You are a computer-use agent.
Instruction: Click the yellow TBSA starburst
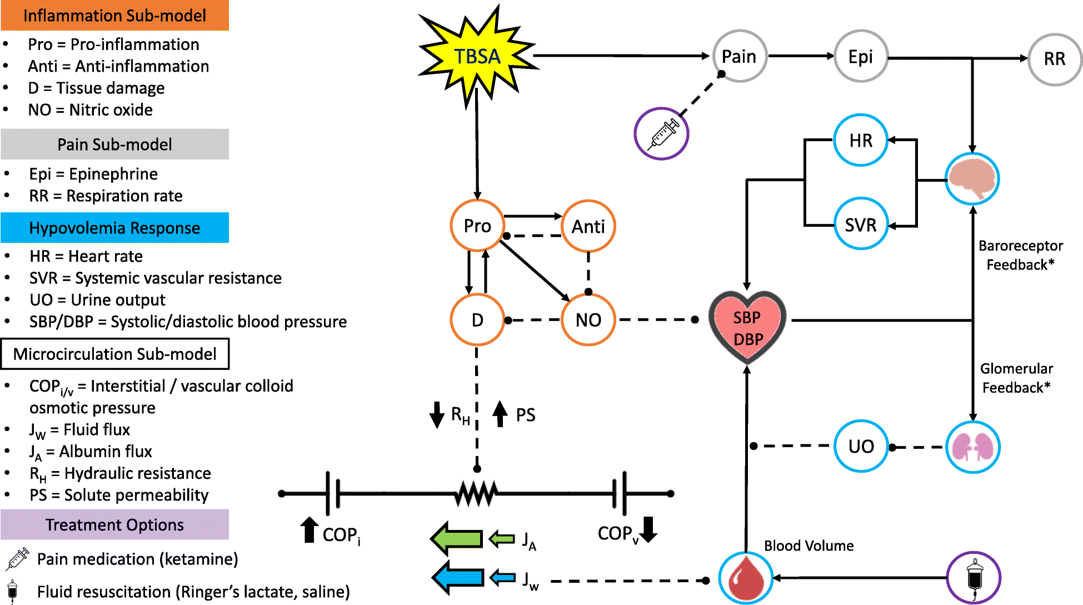(x=477, y=56)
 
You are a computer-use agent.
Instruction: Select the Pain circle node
(x=739, y=56)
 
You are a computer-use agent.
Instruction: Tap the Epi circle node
(x=860, y=57)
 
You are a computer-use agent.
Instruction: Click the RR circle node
(x=1054, y=59)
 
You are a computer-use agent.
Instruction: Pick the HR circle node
(x=861, y=141)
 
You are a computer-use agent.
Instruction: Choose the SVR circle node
(x=861, y=225)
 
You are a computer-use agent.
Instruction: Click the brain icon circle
(x=972, y=179)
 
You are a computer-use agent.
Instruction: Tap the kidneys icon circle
(x=972, y=447)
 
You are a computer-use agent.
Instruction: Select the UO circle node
(x=861, y=446)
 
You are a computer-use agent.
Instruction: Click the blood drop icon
(x=746, y=578)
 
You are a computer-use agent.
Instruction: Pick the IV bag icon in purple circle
(x=974, y=578)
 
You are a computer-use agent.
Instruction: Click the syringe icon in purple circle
(x=662, y=134)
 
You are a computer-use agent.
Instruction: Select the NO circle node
(x=588, y=320)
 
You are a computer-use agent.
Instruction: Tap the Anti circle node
(x=588, y=226)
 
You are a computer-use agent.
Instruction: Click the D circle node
(x=477, y=320)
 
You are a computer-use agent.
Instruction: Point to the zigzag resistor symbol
(x=476, y=493)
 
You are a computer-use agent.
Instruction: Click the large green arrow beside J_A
(x=457, y=538)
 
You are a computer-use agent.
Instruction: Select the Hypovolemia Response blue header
(x=115, y=228)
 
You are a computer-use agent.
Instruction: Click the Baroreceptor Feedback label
(x=1020, y=255)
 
